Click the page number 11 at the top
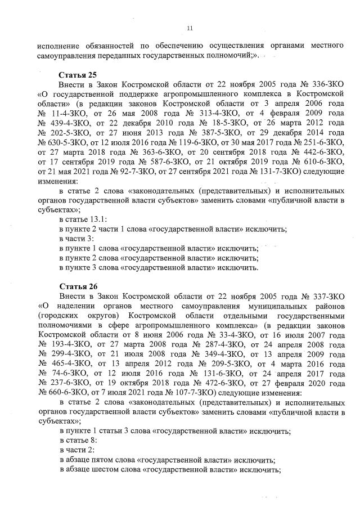tap(189, 28)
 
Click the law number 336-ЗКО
tap(327, 84)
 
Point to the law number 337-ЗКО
tap(327, 295)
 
